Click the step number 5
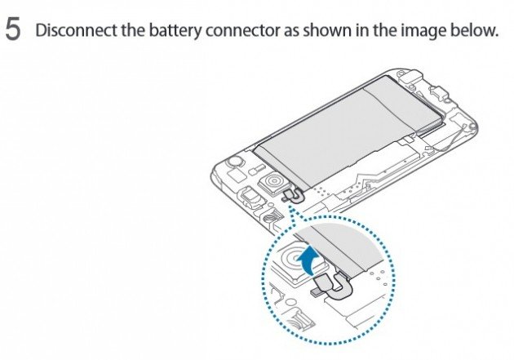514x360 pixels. pyautogui.click(x=14, y=31)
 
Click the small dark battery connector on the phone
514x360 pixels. pyautogui.click(x=288, y=197)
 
